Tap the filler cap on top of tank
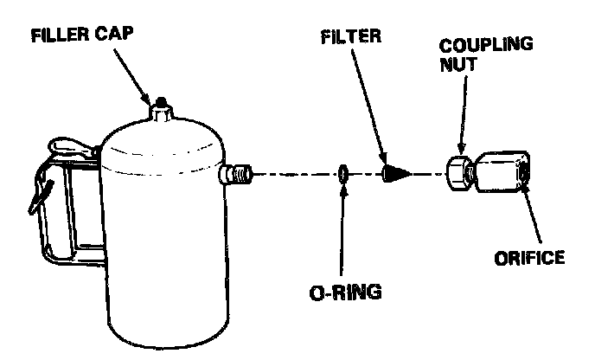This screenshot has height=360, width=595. point(161,109)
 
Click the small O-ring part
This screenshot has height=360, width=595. point(343,174)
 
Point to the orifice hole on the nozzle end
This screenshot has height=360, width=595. point(526,174)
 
